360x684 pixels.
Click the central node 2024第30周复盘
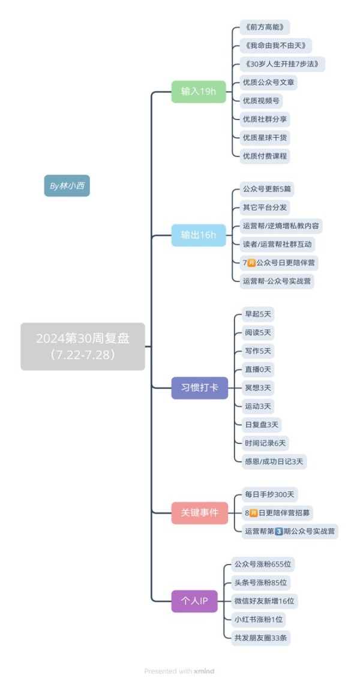[82, 346]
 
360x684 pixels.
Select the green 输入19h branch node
[199, 92]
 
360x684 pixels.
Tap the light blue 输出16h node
[199, 235]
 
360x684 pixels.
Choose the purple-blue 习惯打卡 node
[199, 388]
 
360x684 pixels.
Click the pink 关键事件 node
[199, 512]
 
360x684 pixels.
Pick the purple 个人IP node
[194, 601]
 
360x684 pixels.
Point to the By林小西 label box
[67, 186]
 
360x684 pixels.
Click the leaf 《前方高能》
[265, 27]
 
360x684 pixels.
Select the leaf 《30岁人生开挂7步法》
[283, 64]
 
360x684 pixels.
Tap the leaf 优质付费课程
[265, 156]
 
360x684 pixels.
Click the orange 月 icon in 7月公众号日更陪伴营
[251, 263]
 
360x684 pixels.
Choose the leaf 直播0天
[258, 370]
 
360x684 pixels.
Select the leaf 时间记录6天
[265, 443]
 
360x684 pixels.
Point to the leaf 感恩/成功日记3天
[274, 461]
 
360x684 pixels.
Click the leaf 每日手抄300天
[269, 494]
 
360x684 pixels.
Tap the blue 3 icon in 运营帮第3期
[279, 532]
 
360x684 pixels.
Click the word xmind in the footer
[204, 671]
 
